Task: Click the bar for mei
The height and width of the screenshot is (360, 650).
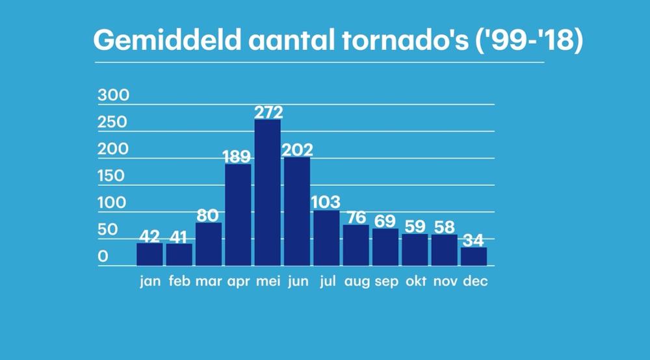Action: (267, 192)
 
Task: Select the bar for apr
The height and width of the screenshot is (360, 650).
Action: (238, 214)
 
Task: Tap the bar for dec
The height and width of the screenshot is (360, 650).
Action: (474, 256)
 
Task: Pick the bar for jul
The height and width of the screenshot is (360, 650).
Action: (326, 238)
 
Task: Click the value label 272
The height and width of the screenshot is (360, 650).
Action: (268, 112)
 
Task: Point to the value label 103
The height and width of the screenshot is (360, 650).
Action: (326, 203)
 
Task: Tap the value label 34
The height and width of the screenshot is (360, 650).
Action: (474, 240)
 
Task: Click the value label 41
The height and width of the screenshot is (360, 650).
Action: (179, 236)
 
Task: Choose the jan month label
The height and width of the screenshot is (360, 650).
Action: (149, 283)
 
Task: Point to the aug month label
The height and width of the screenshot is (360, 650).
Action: (356, 283)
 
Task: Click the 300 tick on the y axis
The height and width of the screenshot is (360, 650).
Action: (114, 96)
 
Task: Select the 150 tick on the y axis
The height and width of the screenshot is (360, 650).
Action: (114, 176)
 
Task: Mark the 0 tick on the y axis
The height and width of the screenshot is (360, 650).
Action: (103, 257)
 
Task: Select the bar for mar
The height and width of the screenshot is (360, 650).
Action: (209, 244)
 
